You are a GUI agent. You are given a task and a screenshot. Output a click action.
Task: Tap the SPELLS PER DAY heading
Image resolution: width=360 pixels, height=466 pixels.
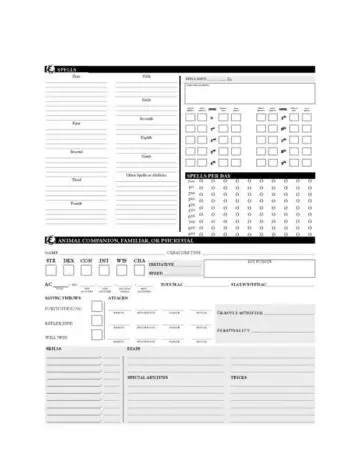(211, 175)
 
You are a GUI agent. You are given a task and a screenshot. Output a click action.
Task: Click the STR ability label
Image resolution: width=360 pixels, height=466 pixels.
(51, 260)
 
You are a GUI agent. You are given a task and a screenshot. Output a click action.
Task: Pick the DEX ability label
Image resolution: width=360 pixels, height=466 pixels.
(68, 260)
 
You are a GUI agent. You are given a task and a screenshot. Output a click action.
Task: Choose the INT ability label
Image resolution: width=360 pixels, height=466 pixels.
(104, 260)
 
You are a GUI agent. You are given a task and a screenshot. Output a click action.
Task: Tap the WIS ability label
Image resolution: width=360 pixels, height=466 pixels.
(122, 260)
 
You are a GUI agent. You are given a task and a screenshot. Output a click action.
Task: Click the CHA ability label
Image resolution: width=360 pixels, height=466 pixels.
(139, 260)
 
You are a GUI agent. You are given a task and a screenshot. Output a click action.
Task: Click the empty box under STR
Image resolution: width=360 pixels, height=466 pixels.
(51, 270)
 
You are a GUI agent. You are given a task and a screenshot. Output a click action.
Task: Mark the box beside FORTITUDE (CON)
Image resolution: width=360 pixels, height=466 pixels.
(97, 307)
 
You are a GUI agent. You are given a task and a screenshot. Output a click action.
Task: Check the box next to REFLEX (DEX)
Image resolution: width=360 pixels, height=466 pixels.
(97, 323)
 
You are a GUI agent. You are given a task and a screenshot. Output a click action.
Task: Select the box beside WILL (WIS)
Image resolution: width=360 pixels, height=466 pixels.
(97, 338)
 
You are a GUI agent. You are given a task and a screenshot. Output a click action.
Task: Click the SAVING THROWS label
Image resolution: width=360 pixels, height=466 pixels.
(62, 297)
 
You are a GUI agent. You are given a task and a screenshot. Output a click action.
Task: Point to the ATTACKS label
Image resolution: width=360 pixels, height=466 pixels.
(118, 297)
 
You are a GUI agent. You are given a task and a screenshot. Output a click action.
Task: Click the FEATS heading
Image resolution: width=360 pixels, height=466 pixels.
(133, 348)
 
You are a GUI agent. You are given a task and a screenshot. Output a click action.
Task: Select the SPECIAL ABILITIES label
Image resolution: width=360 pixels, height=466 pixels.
(146, 377)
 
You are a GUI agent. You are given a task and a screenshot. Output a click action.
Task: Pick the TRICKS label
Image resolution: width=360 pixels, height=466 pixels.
(238, 377)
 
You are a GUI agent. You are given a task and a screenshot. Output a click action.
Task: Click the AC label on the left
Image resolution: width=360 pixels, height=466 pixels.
(49, 284)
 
